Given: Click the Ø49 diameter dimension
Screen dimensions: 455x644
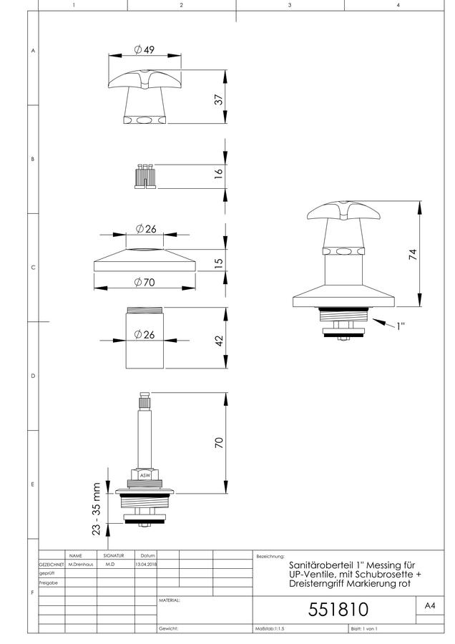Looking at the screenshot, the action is coord(145,49).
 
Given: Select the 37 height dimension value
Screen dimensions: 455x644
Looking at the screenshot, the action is coord(219,99).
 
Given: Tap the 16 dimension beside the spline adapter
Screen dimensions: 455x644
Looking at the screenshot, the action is coord(219,172).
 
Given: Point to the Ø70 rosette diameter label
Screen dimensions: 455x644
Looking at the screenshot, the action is coord(145,282).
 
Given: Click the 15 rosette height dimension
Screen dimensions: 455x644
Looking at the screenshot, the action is coord(219,263).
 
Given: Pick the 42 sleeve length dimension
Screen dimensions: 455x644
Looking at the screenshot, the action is coord(219,341).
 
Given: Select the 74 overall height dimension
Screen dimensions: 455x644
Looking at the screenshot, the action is coord(413,254).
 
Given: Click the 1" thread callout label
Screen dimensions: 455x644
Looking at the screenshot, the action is coord(401,326).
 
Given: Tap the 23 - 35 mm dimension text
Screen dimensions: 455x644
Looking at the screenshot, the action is coord(96,509).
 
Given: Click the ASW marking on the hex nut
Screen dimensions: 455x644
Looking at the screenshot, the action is coord(145,476).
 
